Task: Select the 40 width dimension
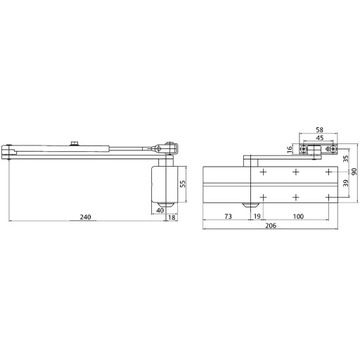coord(160,212)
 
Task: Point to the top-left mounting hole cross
coord(262,173)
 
